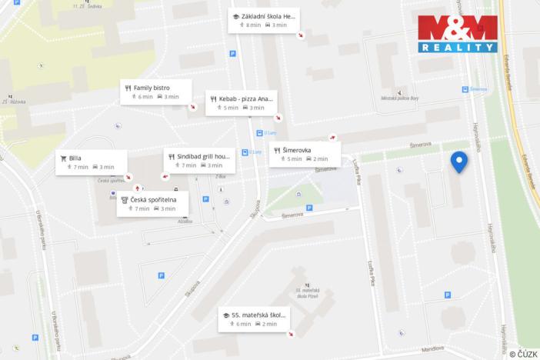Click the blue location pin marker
(x=458, y=162)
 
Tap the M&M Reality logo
(x=457, y=34)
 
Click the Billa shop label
(x=91, y=162)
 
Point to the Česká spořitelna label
(x=152, y=204)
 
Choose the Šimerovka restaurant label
(x=304, y=154)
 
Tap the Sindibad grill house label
(x=198, y=160)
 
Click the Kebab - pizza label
(x=241, y=103)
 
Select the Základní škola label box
(x=264, y=20)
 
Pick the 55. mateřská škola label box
(x=254, y=318)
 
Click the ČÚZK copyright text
(x=523, y=354)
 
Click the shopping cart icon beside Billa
(x=63, y=158)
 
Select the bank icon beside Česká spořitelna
(x=125, y=199)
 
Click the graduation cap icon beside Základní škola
(x=235, y=16)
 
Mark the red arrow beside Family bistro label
(x=192, y=107)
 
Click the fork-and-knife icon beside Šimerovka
(x=276, y=150)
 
